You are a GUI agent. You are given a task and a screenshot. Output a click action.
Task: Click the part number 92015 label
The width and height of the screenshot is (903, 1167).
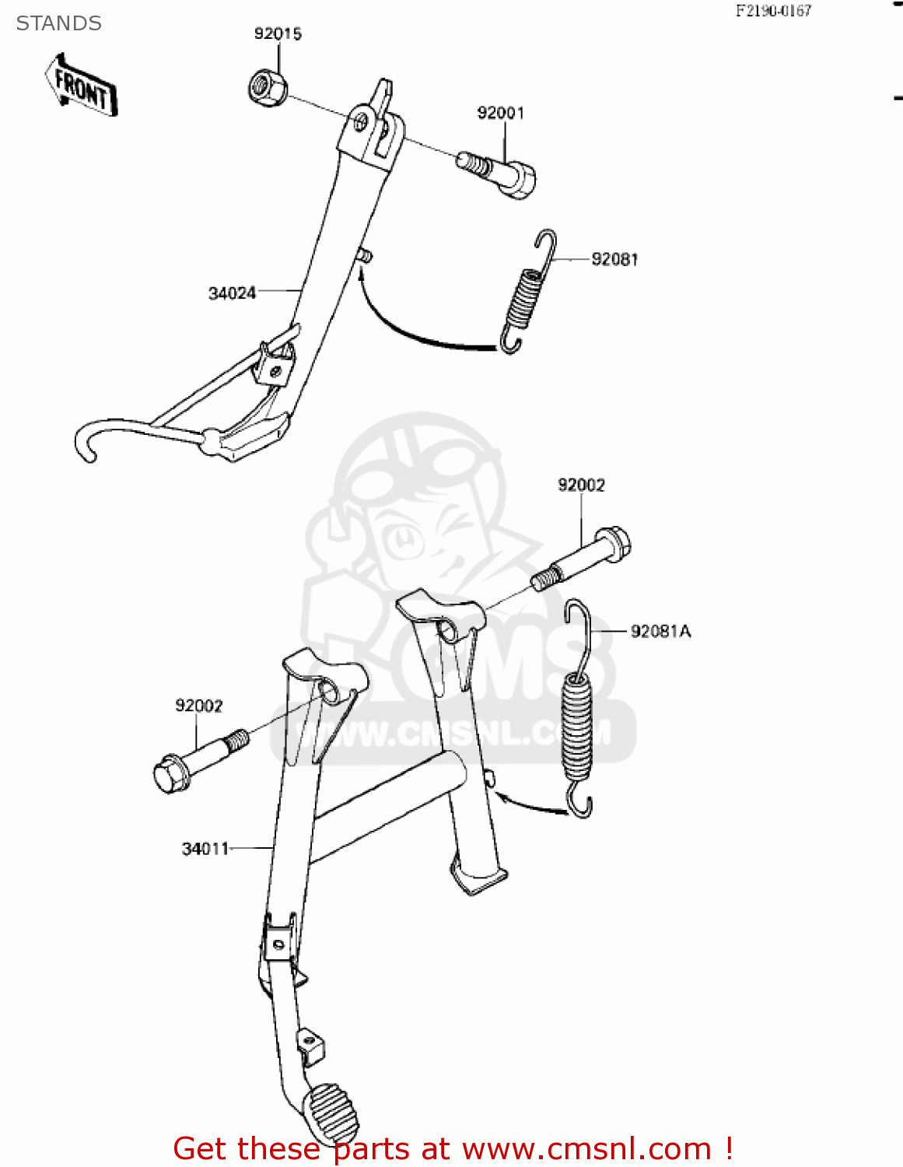pos(278,33)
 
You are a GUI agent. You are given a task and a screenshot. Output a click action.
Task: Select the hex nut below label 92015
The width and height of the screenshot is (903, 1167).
pos(267,86)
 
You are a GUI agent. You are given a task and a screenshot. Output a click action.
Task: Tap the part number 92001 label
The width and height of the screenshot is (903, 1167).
pos(500,113)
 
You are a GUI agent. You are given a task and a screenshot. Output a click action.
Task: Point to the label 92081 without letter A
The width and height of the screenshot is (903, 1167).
pos(614,259)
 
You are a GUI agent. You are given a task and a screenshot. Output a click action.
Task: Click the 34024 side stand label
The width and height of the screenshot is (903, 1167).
pos(232,293)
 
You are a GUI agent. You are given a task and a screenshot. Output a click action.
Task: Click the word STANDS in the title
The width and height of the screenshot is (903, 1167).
pos(59,23)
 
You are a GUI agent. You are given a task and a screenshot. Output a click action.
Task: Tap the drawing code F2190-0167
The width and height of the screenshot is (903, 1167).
pos(773,11)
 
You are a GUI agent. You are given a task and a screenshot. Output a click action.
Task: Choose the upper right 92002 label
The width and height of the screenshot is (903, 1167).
pos(581,485)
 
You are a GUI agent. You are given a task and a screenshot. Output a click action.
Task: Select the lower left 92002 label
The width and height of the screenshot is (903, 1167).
pos(198,706)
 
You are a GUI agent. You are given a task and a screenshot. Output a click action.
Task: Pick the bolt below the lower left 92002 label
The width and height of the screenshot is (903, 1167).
pos(198,759)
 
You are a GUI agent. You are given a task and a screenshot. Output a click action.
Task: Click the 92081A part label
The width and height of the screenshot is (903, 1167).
pos(660,631)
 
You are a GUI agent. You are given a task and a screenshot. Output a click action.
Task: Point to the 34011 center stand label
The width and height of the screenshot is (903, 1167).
pos(205,849)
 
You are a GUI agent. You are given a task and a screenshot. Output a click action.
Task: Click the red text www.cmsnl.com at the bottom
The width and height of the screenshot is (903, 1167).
pos(587,1149)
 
